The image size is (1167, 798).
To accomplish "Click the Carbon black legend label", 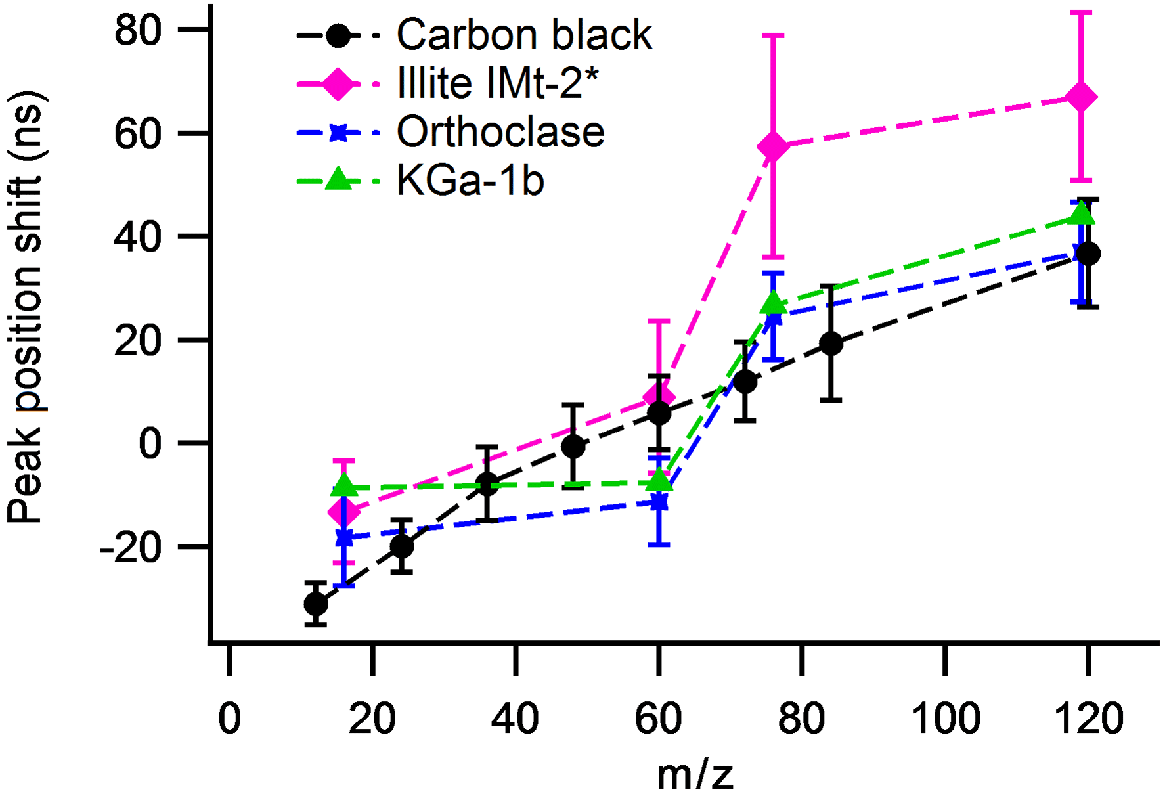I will (524, 35).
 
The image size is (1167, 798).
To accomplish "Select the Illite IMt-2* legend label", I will (498, 83).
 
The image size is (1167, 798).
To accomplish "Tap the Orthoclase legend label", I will (500, 132).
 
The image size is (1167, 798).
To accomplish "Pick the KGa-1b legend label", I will (470, 181).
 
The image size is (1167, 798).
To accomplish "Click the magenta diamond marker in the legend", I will (338, 84).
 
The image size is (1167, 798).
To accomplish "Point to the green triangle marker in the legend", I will (338, 179).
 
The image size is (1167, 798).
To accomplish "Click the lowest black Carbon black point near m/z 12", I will (316, 604).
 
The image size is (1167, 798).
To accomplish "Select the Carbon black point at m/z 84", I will (831, 343).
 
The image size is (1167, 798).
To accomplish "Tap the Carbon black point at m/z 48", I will (573, 447).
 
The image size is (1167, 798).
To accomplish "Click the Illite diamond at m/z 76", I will (774, 146).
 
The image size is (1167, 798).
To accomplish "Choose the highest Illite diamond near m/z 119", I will (1081, 97).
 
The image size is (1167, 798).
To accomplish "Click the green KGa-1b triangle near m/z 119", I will (1081, 214).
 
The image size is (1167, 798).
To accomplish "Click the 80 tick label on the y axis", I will (138, 30).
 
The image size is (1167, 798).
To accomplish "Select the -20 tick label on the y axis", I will (130, 547).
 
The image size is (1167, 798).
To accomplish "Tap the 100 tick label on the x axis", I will (945, 719).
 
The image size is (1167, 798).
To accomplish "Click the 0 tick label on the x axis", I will (229, 719).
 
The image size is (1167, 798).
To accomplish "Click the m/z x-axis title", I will (695, 775).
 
